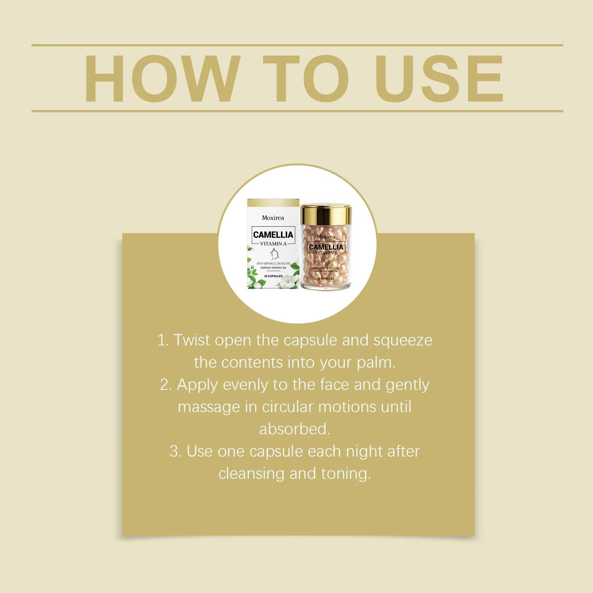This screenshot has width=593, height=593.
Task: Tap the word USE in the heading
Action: coord(438,79)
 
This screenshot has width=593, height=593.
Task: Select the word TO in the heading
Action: coord(306,79)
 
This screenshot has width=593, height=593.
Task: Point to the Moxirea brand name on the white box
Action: coord(273,218)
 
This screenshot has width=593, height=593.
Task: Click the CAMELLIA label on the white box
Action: coord(273,235)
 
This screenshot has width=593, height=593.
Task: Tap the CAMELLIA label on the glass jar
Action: coord(326,247)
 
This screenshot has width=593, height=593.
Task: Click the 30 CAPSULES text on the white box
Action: coord(273,276)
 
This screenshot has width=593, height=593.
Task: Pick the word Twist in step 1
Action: coord(192,340)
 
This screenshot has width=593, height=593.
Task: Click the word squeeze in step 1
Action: coord(403,340)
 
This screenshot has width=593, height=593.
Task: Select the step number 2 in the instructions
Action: coord(165,385)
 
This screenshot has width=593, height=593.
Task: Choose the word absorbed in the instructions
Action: coord(294,429)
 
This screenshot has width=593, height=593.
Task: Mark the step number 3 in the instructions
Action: coord(175,451)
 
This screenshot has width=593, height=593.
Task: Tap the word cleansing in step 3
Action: coord(251,474)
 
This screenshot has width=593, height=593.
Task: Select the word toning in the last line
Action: coord(346,474)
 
